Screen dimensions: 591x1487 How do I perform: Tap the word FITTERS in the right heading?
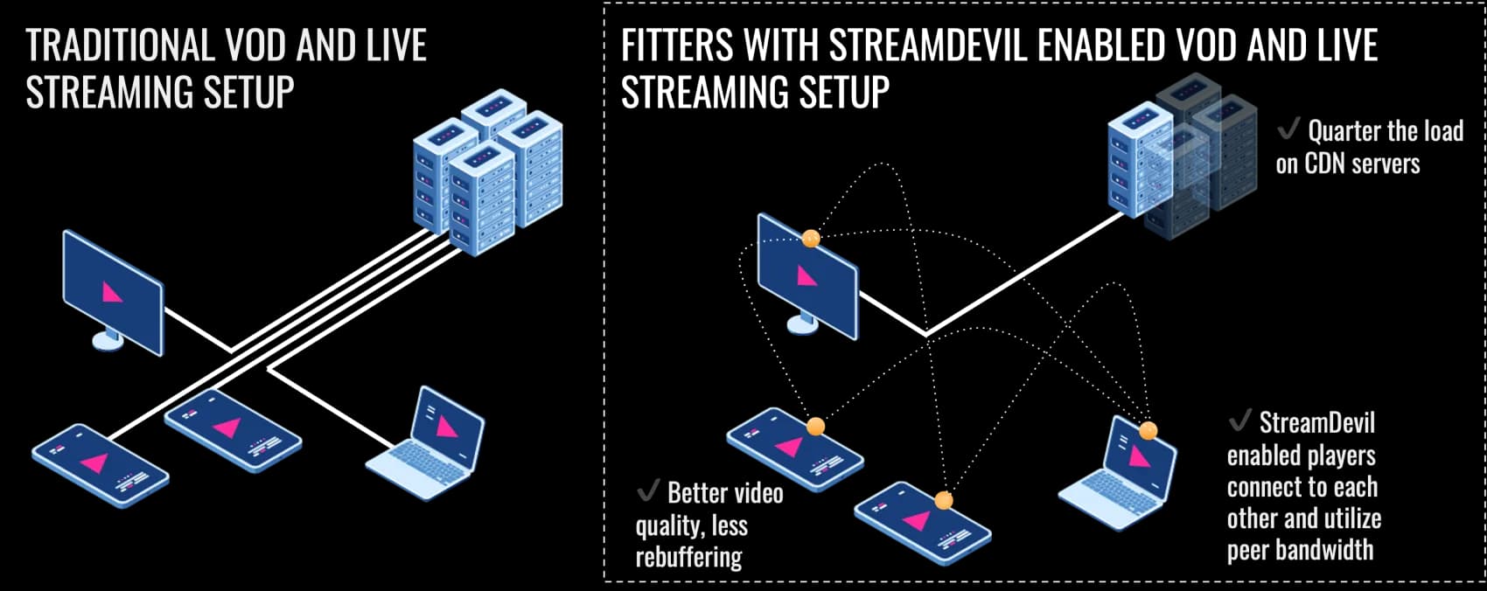[x=677, y=45]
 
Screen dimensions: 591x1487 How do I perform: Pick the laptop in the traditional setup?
[x=426, y=446]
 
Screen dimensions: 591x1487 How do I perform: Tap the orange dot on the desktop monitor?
[x=811, y=237]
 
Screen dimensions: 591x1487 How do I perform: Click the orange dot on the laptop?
[x=1148, y=430]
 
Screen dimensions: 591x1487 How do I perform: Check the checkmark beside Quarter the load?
[x=1288, y=130]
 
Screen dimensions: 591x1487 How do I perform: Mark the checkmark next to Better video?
[x=648, y=491]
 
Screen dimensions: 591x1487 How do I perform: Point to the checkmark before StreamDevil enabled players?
[x=1239, y=421]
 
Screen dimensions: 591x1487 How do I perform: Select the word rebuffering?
[x=688, y=557]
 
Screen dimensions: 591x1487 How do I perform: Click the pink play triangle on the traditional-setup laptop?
[x=447, y=427]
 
